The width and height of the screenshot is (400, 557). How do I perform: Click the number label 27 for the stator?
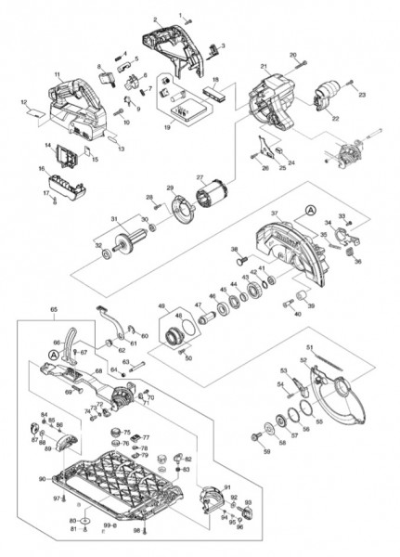point(199,178)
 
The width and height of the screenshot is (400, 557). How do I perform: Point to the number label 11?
point(57,73)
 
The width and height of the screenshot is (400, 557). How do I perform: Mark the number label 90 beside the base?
point(42,479)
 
